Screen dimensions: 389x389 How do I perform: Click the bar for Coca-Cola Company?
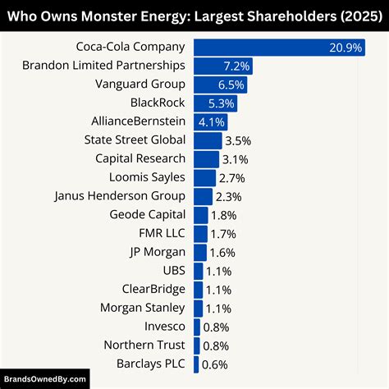(x=271, y=47)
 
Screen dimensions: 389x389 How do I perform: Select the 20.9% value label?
(x=346, y=48)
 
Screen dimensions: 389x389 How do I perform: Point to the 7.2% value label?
(x=236, y=66)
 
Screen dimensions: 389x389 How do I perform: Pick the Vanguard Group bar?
(x=220, y=85)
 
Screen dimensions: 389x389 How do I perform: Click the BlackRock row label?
(x=158, y=103)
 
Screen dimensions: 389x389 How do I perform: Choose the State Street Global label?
(x=135, y=140)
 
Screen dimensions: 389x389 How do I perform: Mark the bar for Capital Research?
(x=206, y=159)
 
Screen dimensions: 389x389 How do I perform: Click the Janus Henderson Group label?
(x=120, y=196)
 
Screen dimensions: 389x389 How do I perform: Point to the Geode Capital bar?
(x=201, y=215)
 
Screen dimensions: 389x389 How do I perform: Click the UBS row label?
(x=173, y=271)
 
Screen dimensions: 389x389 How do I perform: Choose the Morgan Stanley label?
(x=142, y=309)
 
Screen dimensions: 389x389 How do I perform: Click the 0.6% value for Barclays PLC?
(x=214, y=364)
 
